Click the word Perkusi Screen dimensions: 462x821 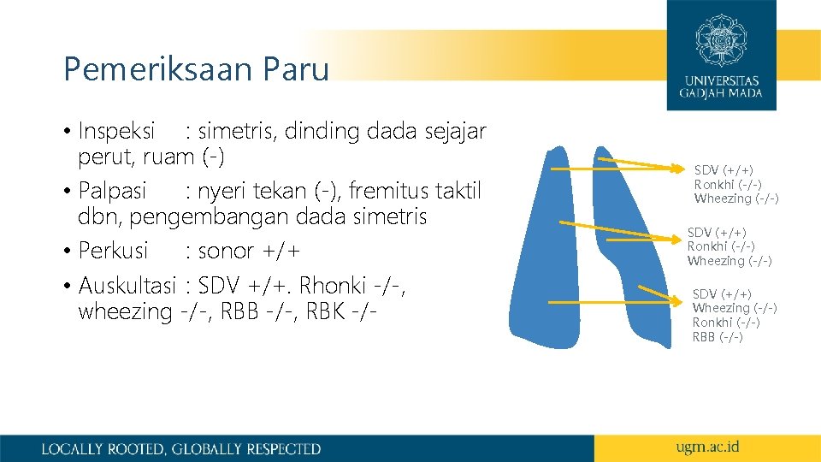point(113,251)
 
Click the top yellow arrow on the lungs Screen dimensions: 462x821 point(616,166)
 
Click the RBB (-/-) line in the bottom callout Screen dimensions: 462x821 point(718,337)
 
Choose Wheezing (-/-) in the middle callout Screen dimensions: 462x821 point(729,261)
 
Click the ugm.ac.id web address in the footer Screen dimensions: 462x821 point(706,447)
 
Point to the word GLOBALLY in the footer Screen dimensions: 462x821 point(208,448)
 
